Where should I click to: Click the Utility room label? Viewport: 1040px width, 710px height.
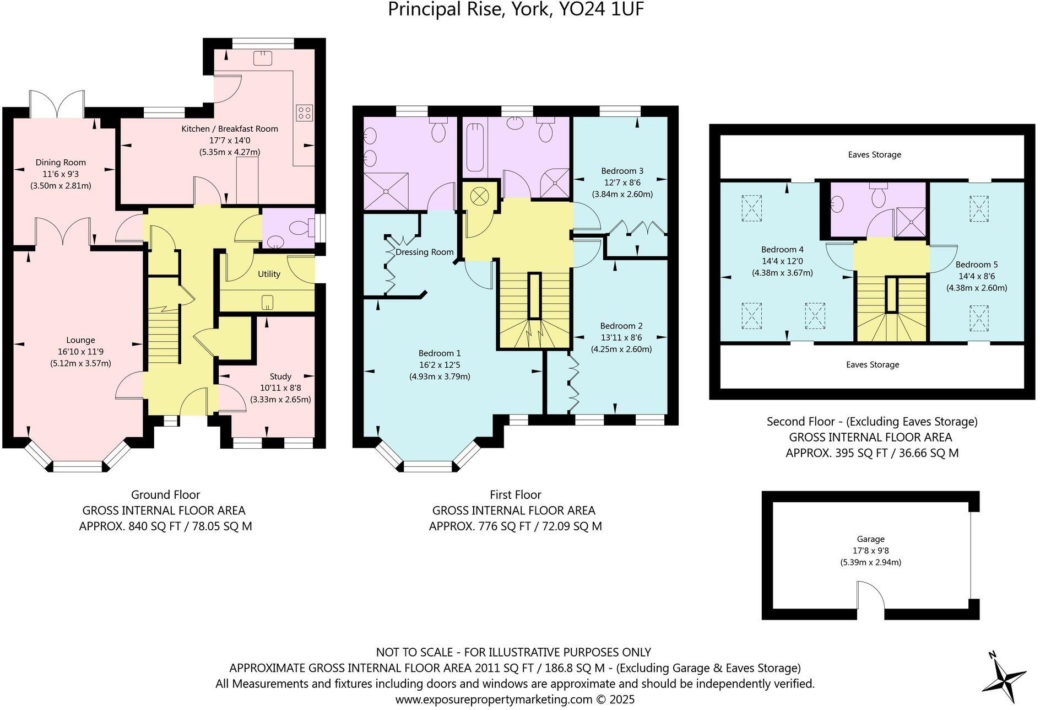click(x=269, y=274)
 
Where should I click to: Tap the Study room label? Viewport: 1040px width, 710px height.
click(x=280, y=376)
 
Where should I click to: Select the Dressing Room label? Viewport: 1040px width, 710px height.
click(x=424, y=252)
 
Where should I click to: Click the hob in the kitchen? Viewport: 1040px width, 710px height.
click(x=304, y=113)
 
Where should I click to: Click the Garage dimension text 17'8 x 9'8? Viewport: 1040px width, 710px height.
click(x=870, y=551)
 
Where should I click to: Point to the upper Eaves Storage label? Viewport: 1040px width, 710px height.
click(x=874, y=154)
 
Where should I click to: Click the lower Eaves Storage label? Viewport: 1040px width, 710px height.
click(x=872, y=364)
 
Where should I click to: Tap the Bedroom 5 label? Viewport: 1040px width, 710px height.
click(x=977, y=265)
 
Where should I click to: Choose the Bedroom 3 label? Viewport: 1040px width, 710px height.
click(x=622, y=171)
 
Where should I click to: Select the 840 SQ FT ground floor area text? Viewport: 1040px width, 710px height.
click(x=165, y=526)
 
